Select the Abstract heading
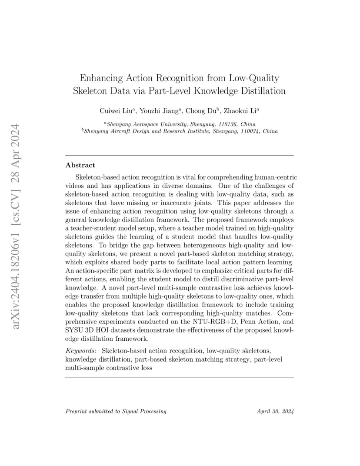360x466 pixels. coord(80,165)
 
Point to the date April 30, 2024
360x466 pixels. coord(275,411)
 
